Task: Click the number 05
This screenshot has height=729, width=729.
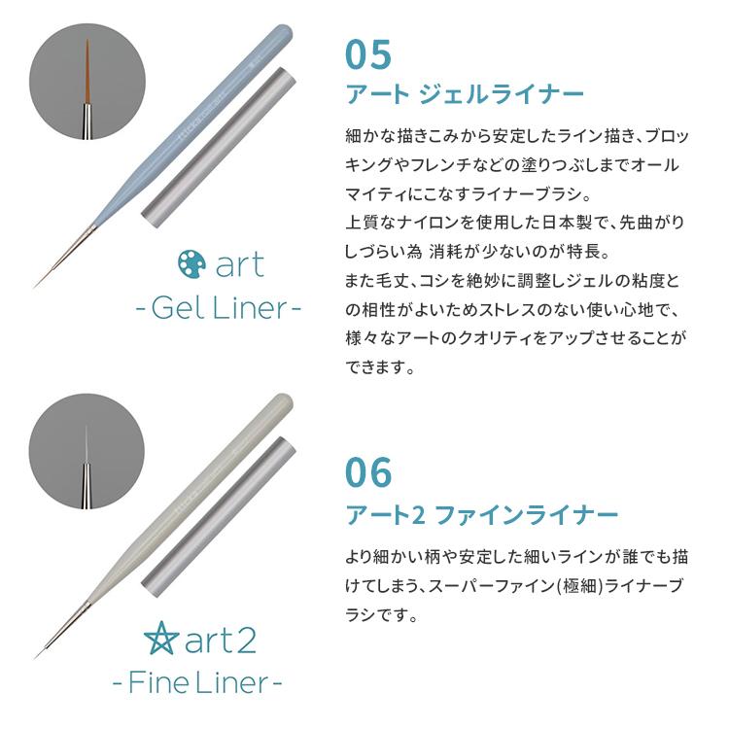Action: (368, 53)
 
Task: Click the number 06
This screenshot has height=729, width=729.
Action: (368, 472)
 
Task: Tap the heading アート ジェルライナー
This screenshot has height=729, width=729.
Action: (465, 94)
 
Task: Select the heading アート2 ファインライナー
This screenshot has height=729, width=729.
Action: (482, 513)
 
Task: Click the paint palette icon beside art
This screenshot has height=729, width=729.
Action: (191, 263)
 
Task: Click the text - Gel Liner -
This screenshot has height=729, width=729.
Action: (217, 309)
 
